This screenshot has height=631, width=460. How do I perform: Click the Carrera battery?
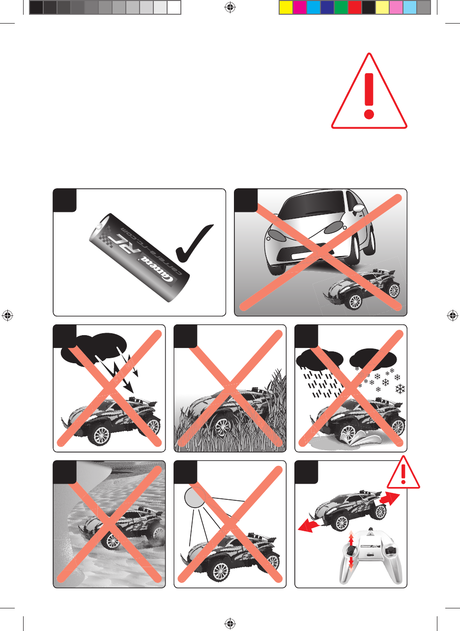tap(139, 258)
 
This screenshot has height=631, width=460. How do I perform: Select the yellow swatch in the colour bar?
tap(286, 7)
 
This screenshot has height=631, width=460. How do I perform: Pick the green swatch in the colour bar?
tap(341, 7)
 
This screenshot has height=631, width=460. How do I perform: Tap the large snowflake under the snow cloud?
tap(400, 389)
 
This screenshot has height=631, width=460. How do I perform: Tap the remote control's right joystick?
tap(390, 549)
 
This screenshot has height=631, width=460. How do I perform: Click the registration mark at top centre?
tap(230, 7)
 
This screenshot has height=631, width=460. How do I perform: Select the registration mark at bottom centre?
tap(230, 623)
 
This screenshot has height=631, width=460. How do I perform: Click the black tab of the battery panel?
tap(64, 201)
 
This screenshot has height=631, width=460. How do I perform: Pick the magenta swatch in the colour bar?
tap(299, 7)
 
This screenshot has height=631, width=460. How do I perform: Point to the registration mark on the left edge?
tap(7, 315)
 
